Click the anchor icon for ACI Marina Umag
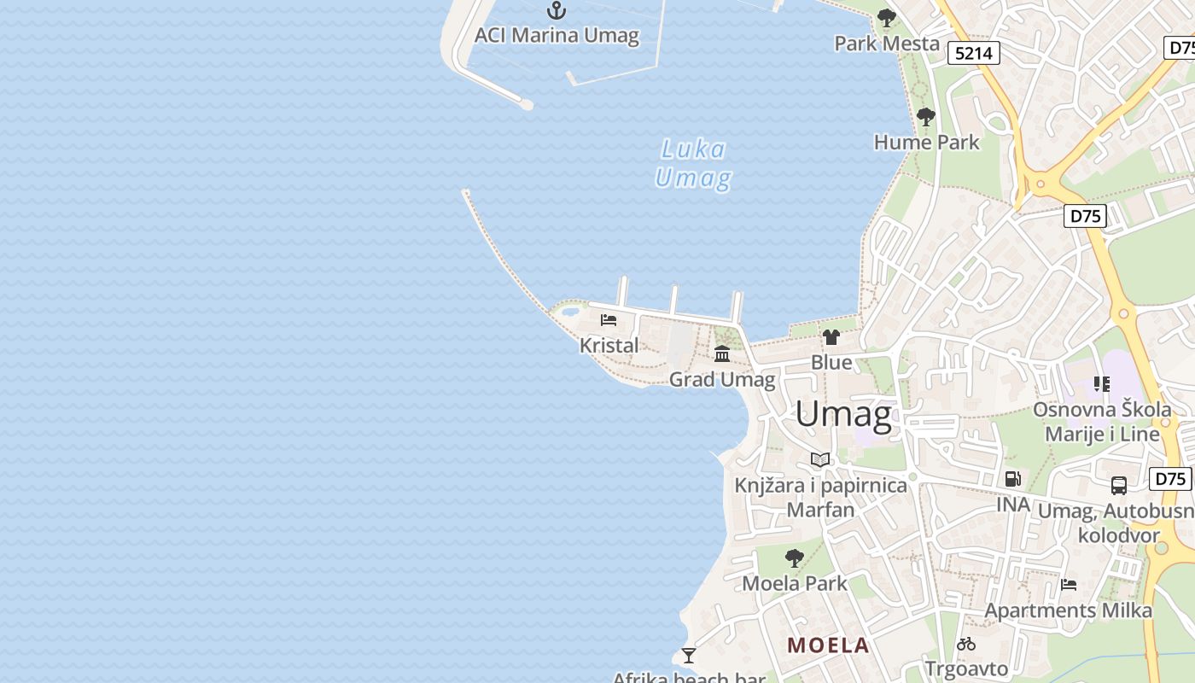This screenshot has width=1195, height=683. pyautogui.click(x=557, y=10)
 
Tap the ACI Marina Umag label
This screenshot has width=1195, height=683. pyautogui.click(x=557, y=35)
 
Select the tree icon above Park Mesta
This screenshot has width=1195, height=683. pyautogui.click(x=887, y=18)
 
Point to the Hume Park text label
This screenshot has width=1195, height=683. pyautogui.click(x=927, y=142)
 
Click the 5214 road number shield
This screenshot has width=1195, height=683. pyautogui.click(x=974, y=53)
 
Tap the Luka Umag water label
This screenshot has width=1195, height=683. pyautogui.click(x=693, y=164)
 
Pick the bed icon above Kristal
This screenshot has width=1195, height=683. pyautogui.click(x=609, y=320)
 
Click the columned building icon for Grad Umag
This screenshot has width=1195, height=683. pyautogui.click(x=722, y=353)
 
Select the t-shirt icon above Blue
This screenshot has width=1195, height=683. pyautogui.click(x=831, y=337)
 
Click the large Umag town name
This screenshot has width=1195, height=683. pyautogui.click(x=843, y=414)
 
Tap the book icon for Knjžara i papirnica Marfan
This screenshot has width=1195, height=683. pyautogui.click(x=820, y=460)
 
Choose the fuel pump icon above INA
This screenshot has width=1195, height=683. pyautogui.click(x=1013, y=479)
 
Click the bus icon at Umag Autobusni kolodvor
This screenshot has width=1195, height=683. pyautogui.click(x=1119, y=486)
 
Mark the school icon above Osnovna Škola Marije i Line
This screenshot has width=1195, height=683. pyautogui.click(x=1102, y=384)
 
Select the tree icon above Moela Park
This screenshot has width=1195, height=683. pyautogui.click(x=795, y=558)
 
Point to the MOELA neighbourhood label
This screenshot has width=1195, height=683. pyautogui.click(x=828, y=645)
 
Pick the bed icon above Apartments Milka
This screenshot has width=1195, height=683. pyautogui.click(x=1069, y=585)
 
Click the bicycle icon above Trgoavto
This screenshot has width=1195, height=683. pyautogui.click(x=966, y=644)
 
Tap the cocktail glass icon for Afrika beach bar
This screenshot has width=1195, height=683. pyautogui.click(x=689, y=656)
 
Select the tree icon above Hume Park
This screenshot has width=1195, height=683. pyautogui.click(x=926, y=117)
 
